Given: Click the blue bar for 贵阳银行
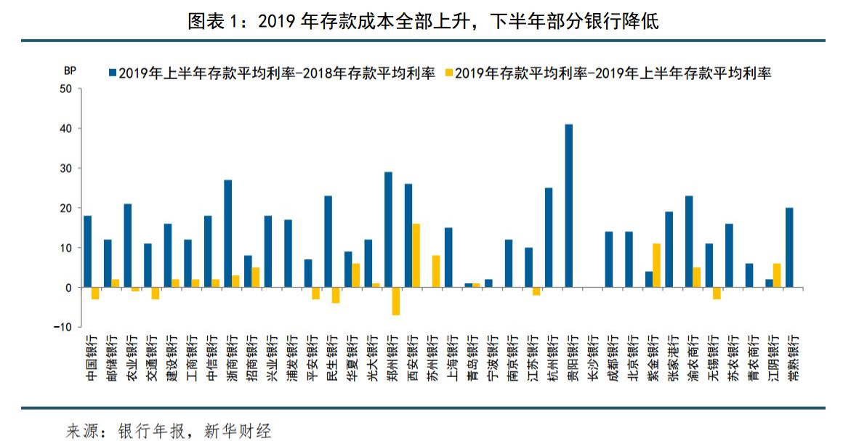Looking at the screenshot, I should (x=568, y=206).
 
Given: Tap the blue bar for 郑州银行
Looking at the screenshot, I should (x=388, y=230).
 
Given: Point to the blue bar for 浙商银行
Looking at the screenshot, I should (x=227, y=233).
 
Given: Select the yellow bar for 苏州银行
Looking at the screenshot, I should (x=436, y=272).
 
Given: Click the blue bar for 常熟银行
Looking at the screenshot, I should (x=789, y=248).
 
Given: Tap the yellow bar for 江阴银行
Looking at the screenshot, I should (x=777, y=276).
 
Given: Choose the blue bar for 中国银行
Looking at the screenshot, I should (x=87, y=251).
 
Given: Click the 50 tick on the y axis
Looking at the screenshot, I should (x=66, y=89).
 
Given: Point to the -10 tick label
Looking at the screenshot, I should (x=62, y=328).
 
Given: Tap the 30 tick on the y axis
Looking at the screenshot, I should (x=66, y=169).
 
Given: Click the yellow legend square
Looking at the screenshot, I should (x=449, y=73).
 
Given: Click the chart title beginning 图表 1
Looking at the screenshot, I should (x=422, y=22).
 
